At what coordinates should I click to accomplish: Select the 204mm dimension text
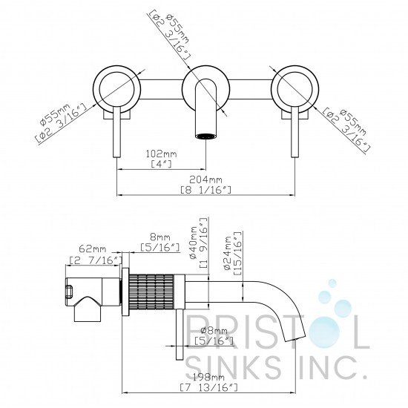205,180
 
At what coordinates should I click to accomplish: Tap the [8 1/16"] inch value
205,190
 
